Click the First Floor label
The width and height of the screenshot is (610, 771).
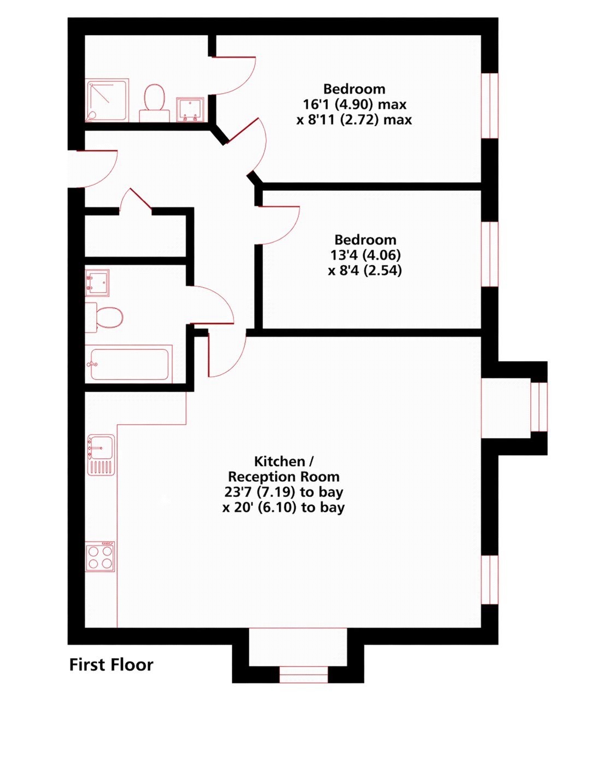click(x=111, y=665)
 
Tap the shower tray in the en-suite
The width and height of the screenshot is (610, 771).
click(x=107, y=100)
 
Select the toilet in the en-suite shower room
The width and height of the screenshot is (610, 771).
click(x=154, y=103)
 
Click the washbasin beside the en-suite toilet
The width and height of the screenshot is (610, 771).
click(x=190, y=109)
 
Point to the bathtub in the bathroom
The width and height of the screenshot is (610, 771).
click(x=128, y=364)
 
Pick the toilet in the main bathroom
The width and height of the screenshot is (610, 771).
click(x=104, y=318)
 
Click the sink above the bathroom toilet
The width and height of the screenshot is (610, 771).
click(x=97, y=283)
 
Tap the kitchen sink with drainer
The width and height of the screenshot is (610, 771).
click(x=101, y=455)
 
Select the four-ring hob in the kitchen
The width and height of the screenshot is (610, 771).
click(x=100, y=557)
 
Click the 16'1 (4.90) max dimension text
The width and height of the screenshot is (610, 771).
click(x=355, y=104)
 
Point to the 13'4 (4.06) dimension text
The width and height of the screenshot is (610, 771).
click(x=365, y=255)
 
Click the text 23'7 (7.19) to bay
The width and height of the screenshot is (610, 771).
click(x=284, y=492)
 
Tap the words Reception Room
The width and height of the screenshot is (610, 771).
click(x=284, y=477)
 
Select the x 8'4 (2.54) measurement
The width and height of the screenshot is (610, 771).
click(x=365, y=271)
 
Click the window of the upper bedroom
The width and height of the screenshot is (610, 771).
click(x=490, y=106)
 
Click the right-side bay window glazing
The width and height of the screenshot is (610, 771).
click(x=539, y=407)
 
